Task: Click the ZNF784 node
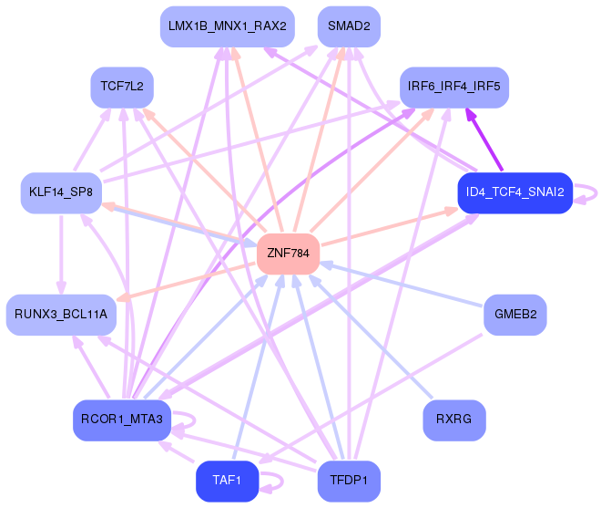point(289,254)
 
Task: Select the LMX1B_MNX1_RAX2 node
point(228,26)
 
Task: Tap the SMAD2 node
point(349,26)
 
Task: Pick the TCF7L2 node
point(122,88)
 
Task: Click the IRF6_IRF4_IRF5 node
point(454,88)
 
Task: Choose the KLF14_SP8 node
point(61,192)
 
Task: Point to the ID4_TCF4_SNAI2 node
point(515,192)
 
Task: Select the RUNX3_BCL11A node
point(61,315)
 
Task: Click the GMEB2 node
point(515,315)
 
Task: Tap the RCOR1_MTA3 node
point(122,420)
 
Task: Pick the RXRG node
point(454,420)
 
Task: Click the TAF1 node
point(228,482)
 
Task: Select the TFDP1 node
point(349,482)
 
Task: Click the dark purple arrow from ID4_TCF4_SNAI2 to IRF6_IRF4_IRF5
point(484,139)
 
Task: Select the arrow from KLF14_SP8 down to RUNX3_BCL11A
point(61,255)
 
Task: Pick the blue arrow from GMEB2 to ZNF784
point(401,285)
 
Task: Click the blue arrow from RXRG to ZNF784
point(371,337)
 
